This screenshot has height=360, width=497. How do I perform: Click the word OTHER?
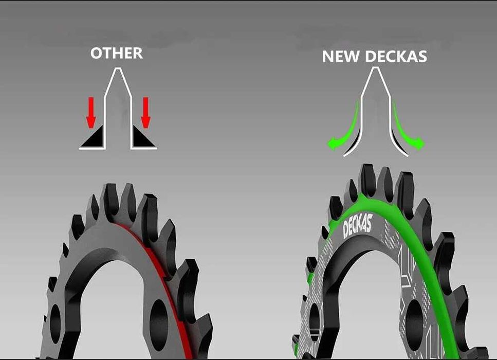tap(116, 53)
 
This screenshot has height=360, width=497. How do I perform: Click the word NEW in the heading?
tap(341, 57)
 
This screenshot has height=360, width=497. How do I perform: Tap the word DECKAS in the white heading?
tap(396, 57)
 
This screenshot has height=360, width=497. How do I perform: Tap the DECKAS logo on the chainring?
tap(357, 225)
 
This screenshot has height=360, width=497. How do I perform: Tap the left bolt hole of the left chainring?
tap(55, 323)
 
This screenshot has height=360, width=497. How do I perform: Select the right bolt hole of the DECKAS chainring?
tap(414, 320)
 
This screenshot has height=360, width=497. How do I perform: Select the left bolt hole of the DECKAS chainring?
tap(315, 322)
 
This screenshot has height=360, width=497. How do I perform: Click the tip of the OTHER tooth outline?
tap(118, 68)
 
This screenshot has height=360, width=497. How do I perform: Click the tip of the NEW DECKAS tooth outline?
tap(376, 67)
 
